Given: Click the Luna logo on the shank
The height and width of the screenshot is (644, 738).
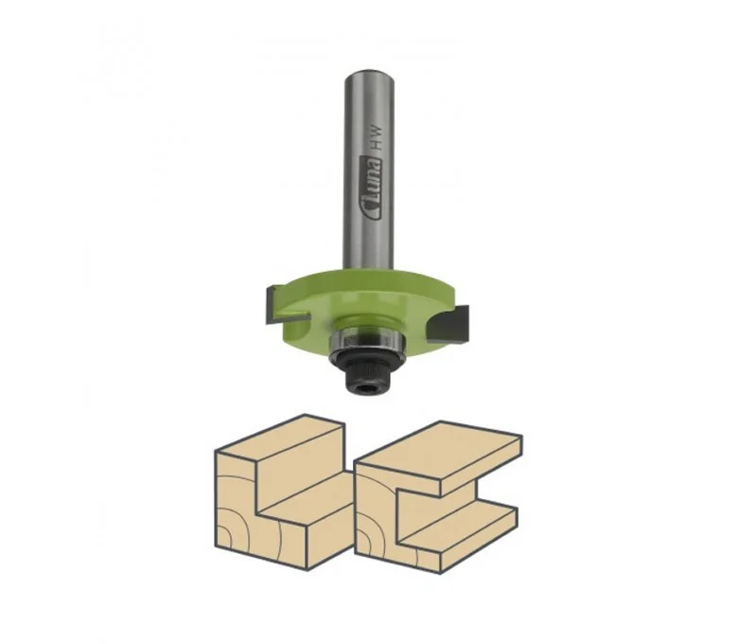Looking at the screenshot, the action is pyautogui.click(x=372, y=188).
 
